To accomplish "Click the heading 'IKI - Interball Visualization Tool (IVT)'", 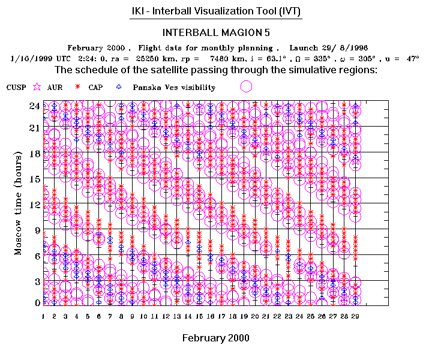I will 216,11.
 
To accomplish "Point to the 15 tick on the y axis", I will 35,178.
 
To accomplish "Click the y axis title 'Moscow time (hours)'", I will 18,204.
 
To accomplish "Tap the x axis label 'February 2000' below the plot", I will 215,338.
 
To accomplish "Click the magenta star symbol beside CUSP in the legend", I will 37,87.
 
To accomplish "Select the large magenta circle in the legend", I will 245,86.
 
